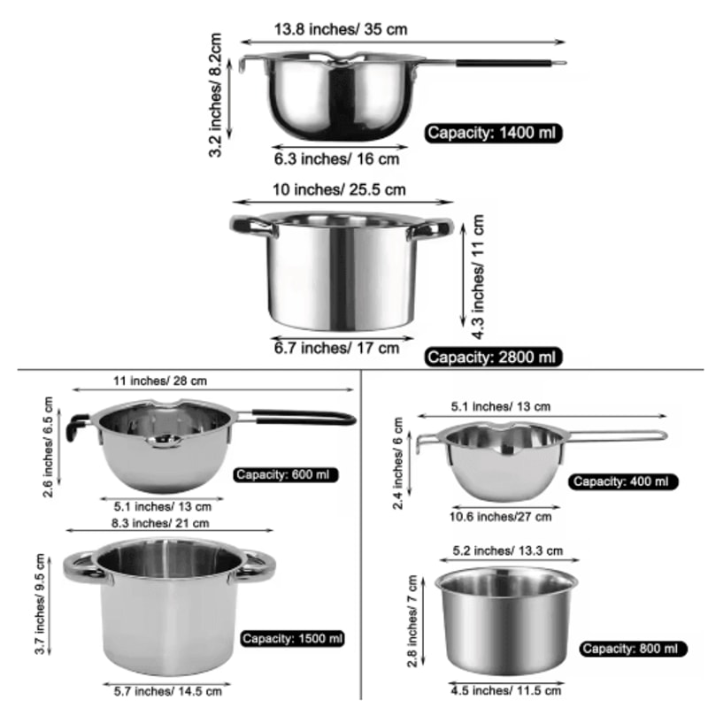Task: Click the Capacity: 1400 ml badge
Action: point(494,133)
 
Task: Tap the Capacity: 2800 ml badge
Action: point(492,358)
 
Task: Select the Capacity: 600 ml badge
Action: point(286,475)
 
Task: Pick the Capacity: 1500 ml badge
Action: point(291,637)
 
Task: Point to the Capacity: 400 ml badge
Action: point(624,481)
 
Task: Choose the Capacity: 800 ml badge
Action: point(634,649)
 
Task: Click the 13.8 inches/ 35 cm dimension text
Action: point(340,28)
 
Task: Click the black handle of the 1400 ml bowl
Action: point(496,64)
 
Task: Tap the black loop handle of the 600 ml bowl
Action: point(301,415)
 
